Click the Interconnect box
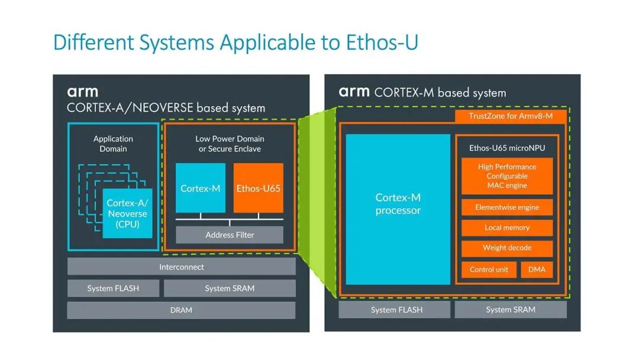[181, 267]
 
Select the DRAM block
[181, 310]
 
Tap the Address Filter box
[230, 235]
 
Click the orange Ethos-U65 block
[258, 188]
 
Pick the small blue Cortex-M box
[201, 188]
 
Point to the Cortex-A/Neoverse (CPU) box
[127, 214]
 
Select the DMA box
[537, 269]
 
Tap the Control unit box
[489, 269]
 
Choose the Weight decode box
[507, 248]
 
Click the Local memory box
[507, 228]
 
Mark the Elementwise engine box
[507, 207]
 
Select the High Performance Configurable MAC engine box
[507, 176]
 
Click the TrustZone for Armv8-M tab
[511, 116]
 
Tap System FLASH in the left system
[113, 288]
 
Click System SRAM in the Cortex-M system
[511, 310]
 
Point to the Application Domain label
[113, 144]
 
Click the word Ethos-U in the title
[382, 43]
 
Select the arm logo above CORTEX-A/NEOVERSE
[82, 92]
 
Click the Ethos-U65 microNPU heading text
[507, 148]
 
